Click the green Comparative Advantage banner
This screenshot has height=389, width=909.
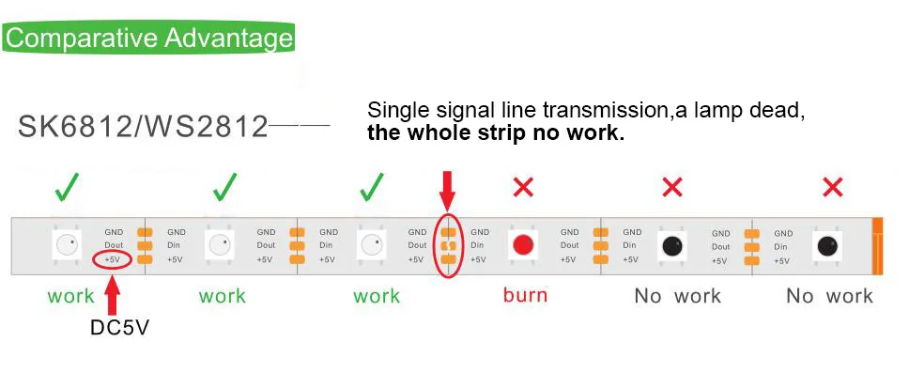coord(148,39)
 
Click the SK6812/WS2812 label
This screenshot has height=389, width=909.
coord(144,127)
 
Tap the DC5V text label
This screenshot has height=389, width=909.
coord(114,328)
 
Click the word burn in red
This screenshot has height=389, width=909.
coord(525,295)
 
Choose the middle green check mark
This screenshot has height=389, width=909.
coord(223,188)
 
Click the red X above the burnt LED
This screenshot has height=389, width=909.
coord(523,188)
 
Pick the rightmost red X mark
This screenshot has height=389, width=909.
coord(832,188)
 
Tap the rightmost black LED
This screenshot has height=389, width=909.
coord(827,246)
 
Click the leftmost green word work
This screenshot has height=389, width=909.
coord(71,296)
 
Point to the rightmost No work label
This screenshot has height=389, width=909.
coord(829,296)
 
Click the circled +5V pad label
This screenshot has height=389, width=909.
coord(112,259)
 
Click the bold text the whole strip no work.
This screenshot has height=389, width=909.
coord(496,132)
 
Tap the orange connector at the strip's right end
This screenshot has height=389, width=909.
coord(878,246)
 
